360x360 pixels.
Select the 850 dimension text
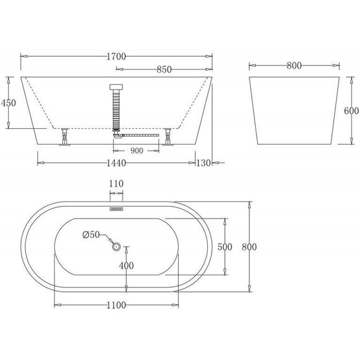(164, 70)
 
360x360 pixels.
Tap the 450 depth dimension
(9, 104)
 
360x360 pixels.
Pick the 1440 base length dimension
(116, 163)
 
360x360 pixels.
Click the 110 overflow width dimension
(116, 184)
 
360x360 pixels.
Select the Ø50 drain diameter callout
(92, 235)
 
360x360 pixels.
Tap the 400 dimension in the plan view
(126, 266)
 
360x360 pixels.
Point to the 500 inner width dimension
(225, 247)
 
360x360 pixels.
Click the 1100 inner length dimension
(116, 305)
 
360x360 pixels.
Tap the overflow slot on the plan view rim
(116, 207)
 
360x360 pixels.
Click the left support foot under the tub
(64, 137)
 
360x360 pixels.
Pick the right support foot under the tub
(168, 137)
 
